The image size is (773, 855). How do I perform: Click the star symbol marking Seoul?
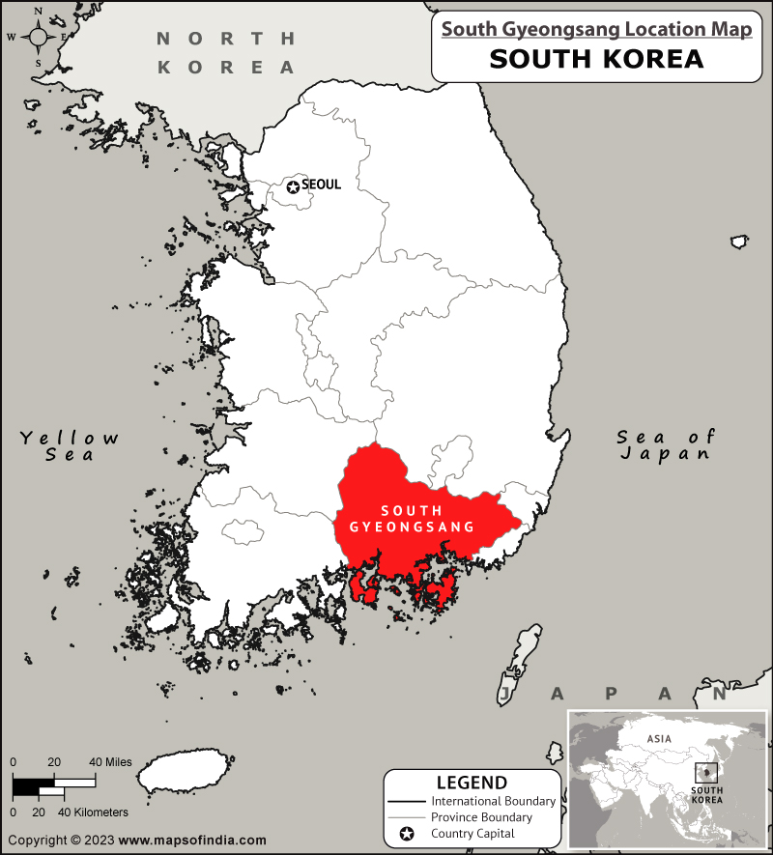[x=292, y=185]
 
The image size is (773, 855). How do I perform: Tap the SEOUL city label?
[x=322, y=185]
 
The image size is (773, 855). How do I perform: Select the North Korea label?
[x=227, y=53]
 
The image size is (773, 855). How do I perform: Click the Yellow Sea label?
[x=71, y=445]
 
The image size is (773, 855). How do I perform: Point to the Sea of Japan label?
[x=667, y=444]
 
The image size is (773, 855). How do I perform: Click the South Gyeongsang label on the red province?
[x=412, y=518]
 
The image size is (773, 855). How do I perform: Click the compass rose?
[x=39, y=38]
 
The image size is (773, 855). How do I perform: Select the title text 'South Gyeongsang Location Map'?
[x=597, y=30]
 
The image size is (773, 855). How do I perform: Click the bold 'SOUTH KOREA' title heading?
[x=596, y=59]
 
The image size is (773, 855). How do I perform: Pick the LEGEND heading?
[x=472, y=783]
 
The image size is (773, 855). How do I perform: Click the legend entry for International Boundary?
[x=493, y=801]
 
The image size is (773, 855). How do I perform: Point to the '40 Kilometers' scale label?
[x=94, y=812]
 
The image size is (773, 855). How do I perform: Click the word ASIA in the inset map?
[x=659, y=738]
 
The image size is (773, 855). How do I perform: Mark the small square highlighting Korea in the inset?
[x=706, y=774]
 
